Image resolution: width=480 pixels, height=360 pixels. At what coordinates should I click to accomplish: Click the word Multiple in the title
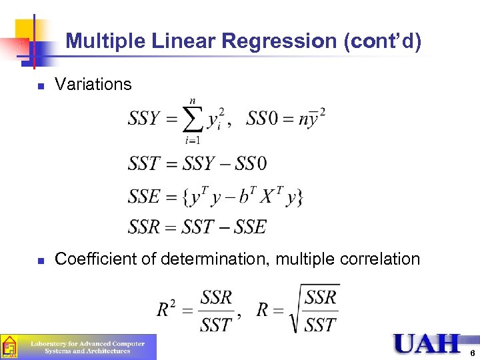[x=103, y=42]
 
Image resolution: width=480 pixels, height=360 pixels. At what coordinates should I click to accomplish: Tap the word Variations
[x=93, y=85]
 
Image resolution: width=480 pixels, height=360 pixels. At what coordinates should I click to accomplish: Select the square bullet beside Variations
[x=41, y=86]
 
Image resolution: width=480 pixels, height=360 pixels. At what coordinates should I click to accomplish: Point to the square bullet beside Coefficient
[x=41, y=260]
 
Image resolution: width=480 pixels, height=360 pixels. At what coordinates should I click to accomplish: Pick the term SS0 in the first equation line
[x=267, y=119]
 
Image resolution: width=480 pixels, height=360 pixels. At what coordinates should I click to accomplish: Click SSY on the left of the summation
[x=144, y=119]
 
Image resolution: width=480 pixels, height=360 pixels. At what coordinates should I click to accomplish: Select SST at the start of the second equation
[x=144, y=163]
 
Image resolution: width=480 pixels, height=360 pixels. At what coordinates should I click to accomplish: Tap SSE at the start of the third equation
[x=144, y=197]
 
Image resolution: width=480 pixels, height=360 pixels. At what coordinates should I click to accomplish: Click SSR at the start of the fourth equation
[x=144, y=227]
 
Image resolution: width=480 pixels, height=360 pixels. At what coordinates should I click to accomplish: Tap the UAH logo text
[x=427, y=344]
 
